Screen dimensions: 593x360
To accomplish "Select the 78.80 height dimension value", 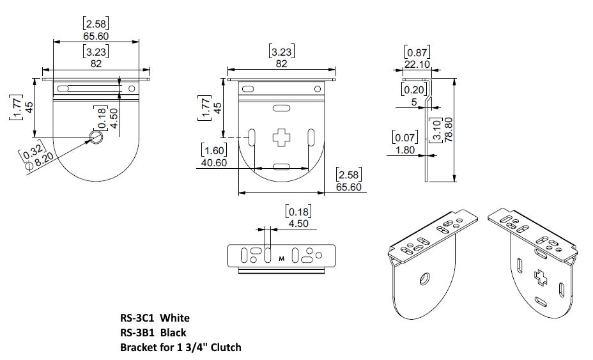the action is point(449,129).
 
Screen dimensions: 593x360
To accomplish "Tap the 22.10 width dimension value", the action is point(417,65).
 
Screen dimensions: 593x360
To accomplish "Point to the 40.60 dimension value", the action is point(214,163).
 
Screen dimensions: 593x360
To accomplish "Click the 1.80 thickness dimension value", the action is point(405,150).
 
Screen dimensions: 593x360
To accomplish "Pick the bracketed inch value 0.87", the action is point(417,52).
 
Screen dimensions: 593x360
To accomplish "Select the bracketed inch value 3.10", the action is point(436,129).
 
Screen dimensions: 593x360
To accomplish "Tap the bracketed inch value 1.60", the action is point(214,150).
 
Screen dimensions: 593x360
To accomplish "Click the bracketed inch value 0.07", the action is point(405,137).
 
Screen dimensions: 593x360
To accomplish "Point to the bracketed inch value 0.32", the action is point(32,150).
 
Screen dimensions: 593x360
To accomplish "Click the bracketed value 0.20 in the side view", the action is point(414,90).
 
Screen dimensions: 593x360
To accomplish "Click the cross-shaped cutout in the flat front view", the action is point(281,137).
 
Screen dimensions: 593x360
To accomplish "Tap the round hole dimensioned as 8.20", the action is point(96,137).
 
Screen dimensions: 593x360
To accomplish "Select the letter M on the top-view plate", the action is point(281,259).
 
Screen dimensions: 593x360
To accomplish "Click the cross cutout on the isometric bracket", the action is point(541,278).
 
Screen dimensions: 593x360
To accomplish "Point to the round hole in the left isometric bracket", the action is point(424,279).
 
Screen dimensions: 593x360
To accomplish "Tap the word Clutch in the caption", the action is point(226,347).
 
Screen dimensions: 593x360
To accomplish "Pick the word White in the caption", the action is point(175,318).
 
